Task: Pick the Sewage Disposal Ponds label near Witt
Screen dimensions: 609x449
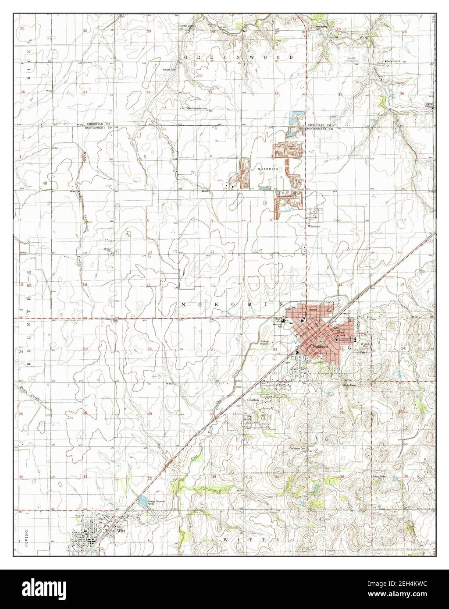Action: (157, 502)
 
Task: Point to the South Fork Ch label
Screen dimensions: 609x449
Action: (393, 61)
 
